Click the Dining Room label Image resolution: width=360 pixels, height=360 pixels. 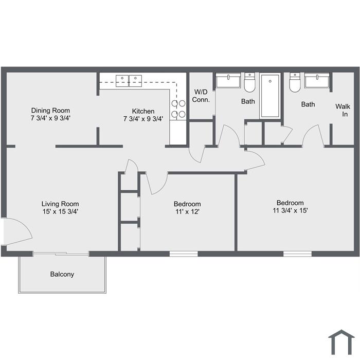(x=50, y=111)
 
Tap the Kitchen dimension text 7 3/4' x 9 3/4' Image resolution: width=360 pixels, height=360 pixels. (x=143, y=119)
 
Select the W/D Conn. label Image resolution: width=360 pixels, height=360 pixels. (x=201, y=96)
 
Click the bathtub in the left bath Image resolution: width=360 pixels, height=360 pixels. (x=270, y=96)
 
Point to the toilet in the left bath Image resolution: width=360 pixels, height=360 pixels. (x=249, y=82)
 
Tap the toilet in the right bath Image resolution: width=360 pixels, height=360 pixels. (x=295, y=82)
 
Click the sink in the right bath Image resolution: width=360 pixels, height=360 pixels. (x=317, y=80)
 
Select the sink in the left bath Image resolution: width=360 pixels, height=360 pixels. (x=228, y=80)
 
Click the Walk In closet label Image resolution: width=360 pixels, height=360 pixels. (x=343, y=110)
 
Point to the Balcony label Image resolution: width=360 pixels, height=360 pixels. (x=62, y=274)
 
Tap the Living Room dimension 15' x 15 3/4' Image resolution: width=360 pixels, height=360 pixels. (x=60, y=211)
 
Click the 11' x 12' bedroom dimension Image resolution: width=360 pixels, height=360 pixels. (x=187, y=211)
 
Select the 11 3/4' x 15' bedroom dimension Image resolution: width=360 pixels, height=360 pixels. (x=290, y=210)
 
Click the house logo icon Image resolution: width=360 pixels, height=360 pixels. (x=341, y=342)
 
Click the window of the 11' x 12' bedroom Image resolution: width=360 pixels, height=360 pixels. (x=184, y=254)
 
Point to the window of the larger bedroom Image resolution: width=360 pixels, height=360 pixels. (x=298, y=254)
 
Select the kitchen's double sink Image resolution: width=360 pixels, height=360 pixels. (x=129, y=81)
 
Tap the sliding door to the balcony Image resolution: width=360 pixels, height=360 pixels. (x=61, y=254)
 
